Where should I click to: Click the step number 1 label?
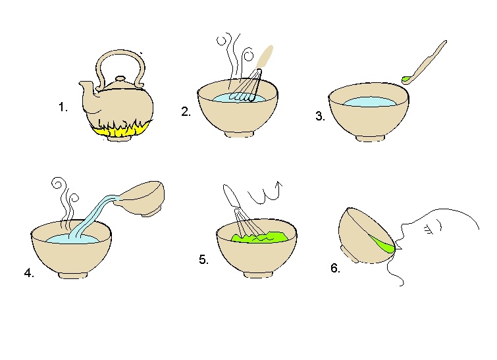click(x=63, y=107)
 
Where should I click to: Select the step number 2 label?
click(x=186, y=111)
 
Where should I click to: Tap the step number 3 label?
click(x=320, y=116)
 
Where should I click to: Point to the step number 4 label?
click(x=29, y=273)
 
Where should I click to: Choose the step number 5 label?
click(x=203, y=259)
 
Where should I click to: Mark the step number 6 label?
click(x=335, y=268)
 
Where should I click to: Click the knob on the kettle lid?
click(x=120, y=78)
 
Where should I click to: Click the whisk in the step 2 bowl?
click(x=249, y=86)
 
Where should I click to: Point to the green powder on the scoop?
click(x=405, y=79)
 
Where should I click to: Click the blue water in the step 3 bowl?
click(x=369, y=102)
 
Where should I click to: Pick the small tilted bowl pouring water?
click(x=141, y=197)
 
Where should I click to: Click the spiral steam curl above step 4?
click(x=59, y=183)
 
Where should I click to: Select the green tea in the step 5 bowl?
click(x=260, y=237)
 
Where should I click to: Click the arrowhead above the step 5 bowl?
click(x=278, y=184)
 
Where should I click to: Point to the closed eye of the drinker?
click(x=429, y=229)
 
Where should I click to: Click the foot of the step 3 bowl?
click(x=370, y=138)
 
